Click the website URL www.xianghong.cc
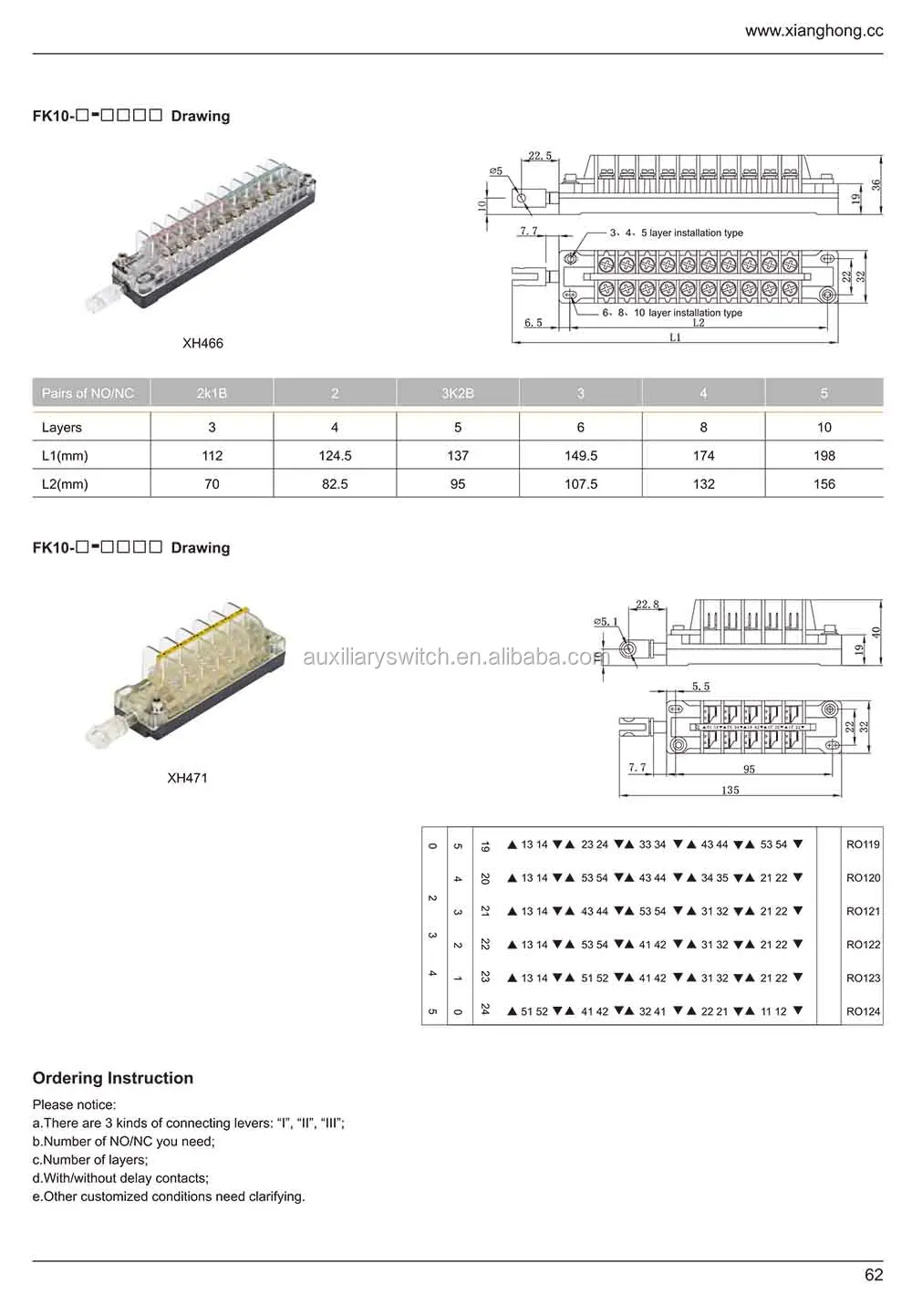tap(814, 30)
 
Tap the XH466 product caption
tap(202, 343)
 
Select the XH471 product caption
tap(187, 778)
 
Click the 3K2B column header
tap(458, 393)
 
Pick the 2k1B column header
tap(212, 393)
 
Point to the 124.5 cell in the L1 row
tap(335, 455)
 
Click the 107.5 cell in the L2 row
tap(581, 483)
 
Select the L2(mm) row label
tap(65, 483)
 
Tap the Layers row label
tap(62, 427)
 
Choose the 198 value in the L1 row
tap(824, 455)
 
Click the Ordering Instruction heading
tap(113, 1078)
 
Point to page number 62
tap(873, 1275)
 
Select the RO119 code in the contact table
tap(863, 844)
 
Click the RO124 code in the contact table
tap(863, 1011)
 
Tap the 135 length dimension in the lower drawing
tap(731, 790)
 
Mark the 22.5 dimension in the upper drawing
tap(540, 156)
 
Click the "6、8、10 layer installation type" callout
tap(672, 313)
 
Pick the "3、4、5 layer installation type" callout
tap(677, 233)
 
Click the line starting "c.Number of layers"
tap(90, 1160)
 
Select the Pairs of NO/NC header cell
tap(88, 393)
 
